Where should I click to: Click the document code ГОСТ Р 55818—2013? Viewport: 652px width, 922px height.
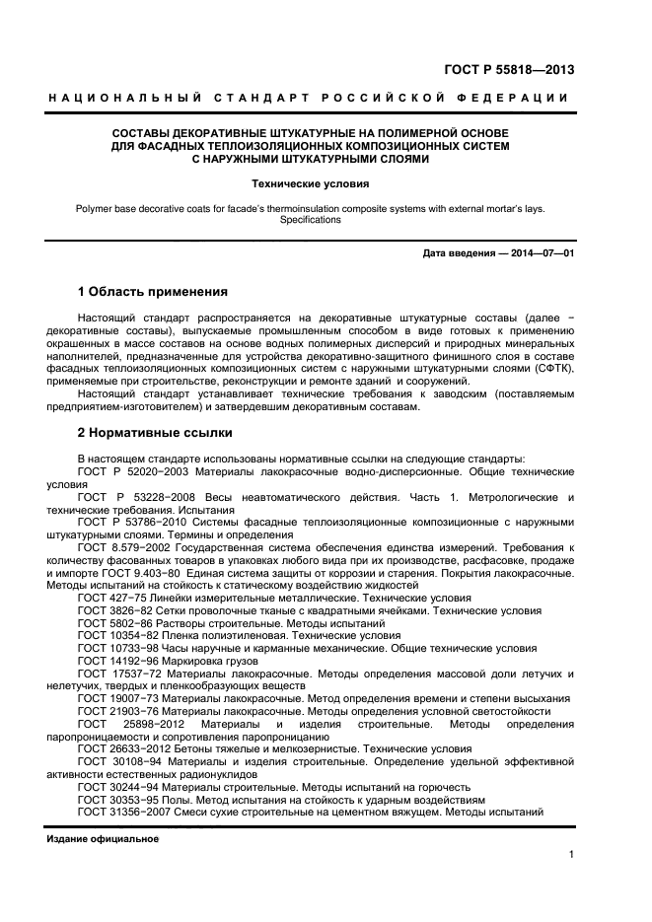click(x=508, y=70)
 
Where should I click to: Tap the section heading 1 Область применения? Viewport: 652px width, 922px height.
click(x=153, y=292)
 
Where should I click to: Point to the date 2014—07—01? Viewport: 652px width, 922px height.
click(x=539, y=253)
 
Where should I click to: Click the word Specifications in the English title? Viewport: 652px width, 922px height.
click(x=310, y=220)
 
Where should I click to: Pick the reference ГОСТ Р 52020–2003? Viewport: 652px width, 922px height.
click(x=129, y=472)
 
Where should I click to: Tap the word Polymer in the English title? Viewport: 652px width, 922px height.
click(x=94, y=208)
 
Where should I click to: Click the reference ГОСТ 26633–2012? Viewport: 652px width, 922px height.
click(x=124, y=748)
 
